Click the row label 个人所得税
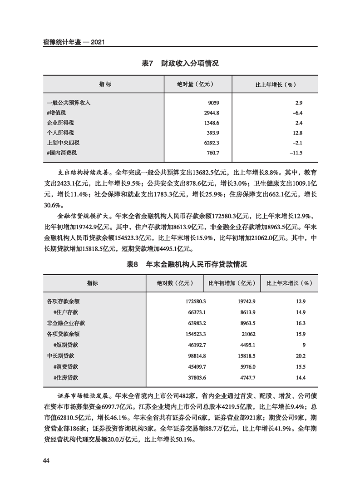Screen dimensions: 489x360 (x=60, y=133)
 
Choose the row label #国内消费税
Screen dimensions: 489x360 (x=63, y=153)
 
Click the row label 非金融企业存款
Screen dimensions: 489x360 (x=66, y=323)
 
